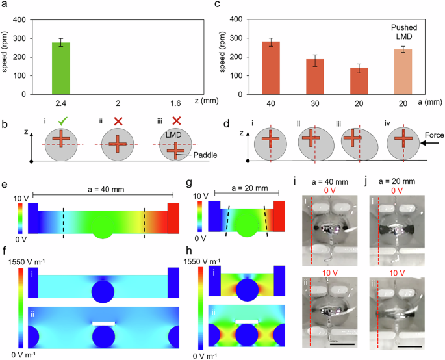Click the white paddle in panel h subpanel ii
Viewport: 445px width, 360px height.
(x=242, y=321)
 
